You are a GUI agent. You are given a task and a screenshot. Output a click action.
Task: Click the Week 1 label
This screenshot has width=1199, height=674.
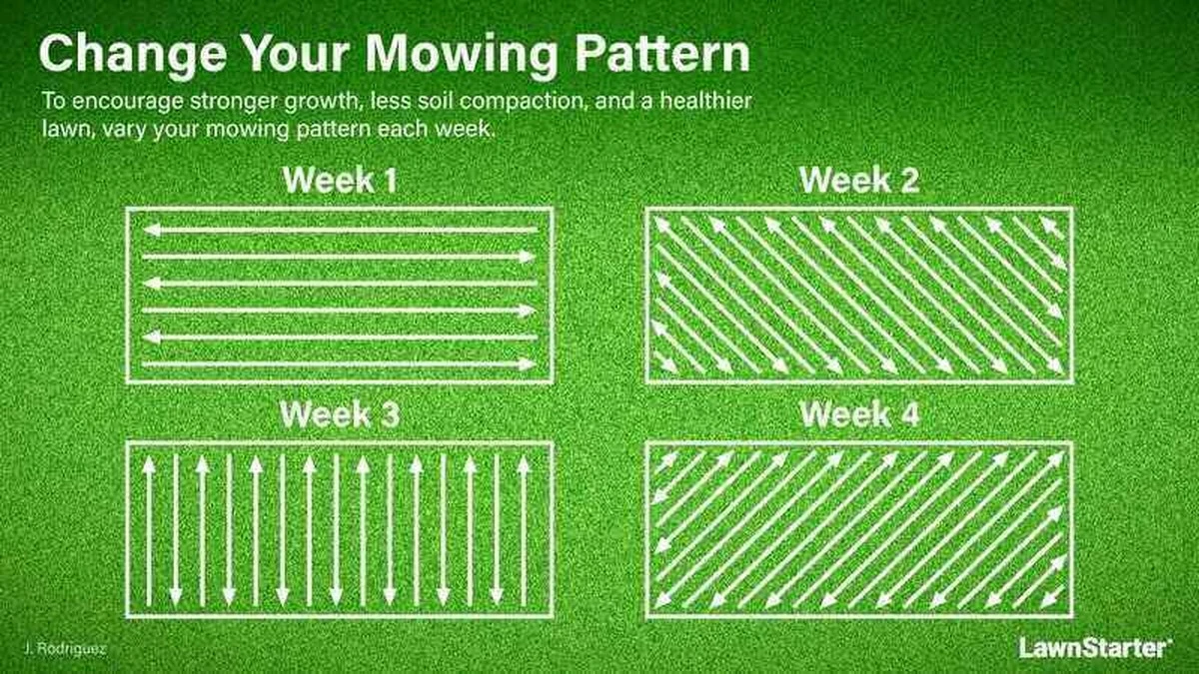coord(341,181)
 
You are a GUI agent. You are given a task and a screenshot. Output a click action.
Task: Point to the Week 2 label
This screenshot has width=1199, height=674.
coord(859,181)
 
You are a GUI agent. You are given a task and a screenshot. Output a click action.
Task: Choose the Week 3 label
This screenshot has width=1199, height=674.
coord(340,414)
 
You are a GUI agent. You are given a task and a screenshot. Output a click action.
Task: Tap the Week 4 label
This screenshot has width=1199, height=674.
coord(860,414)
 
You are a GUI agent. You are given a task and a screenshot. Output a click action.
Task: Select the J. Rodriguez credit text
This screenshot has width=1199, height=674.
coord(65,649)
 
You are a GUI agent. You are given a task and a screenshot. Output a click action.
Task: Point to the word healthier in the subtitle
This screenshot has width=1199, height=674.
coord(705,101)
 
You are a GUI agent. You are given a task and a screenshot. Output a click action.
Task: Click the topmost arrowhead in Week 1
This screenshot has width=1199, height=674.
coord(152,230)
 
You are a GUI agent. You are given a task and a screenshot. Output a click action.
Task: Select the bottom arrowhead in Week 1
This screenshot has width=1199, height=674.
coord(528,364)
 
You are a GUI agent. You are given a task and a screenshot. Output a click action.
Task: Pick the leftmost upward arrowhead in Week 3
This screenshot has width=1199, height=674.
coord(149,465)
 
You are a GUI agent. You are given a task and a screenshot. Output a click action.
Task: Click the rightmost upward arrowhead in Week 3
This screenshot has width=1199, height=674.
coord(524,465)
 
